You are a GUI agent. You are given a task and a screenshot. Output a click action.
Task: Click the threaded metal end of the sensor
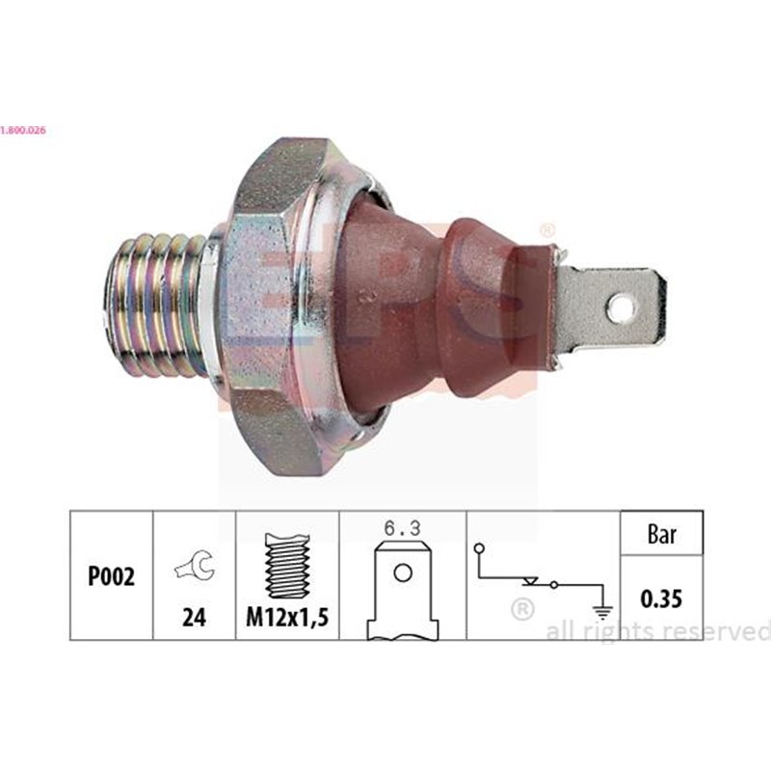(x=159, y=306)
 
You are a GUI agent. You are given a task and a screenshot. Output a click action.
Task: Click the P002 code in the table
(x=111, y=576)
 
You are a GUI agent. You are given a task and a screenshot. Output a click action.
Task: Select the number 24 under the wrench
(x=195, y=617)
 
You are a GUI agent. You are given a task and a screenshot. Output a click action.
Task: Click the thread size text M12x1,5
(x=287, y=618)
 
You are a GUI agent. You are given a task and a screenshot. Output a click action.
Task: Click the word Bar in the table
(x=662, y=534)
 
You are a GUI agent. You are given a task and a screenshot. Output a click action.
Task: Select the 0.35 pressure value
(x=662, y=599)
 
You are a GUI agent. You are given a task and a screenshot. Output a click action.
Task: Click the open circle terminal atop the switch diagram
(x=479, y=549)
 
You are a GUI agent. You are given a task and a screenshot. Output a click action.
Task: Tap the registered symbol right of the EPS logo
(x=546, y=231)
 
